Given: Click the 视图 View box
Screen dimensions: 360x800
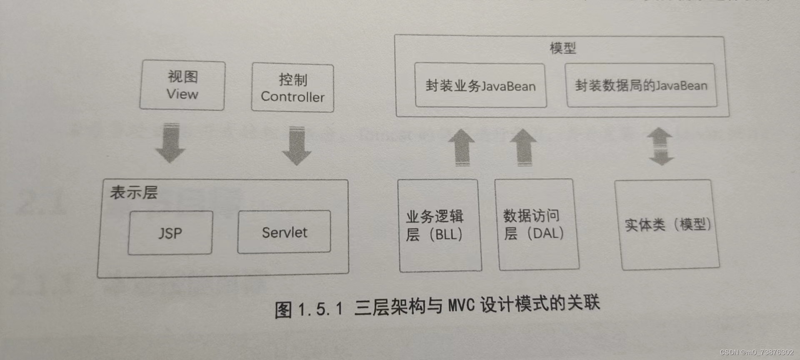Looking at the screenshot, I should [182, 85].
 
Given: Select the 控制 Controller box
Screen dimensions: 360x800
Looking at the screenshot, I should [292, 88].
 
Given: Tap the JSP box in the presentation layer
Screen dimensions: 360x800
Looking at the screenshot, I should [170, 233].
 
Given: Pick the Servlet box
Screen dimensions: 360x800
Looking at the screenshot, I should [284, 232].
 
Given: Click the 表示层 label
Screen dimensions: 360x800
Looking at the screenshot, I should [134, 192].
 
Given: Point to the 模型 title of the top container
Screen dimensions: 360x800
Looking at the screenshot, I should [562, 48].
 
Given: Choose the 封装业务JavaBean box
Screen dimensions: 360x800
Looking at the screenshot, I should [480, 86].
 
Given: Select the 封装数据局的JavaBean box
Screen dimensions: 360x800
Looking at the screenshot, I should [641, 85].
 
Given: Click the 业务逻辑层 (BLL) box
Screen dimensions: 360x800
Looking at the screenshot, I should [440, 225].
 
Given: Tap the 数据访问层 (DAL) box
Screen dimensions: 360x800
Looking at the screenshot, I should [536, 225].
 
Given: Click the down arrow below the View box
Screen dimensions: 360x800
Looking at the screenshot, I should [170, 143].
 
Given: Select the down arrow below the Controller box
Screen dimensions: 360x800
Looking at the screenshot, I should [297, 146].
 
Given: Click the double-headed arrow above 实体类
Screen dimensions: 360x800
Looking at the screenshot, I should [660, 146].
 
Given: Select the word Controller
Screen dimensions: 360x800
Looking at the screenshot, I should [292, 97].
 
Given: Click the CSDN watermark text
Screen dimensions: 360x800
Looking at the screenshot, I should [756, 352].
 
